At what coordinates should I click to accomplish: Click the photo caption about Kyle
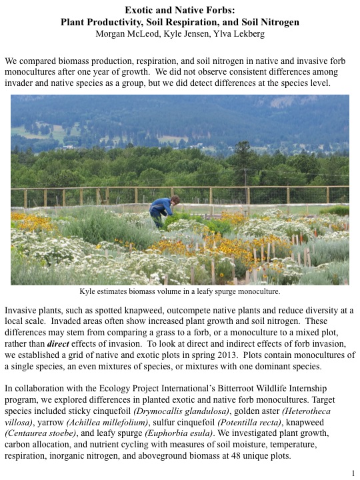179,291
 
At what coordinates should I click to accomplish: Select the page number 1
351,473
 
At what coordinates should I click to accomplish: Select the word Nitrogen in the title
274,21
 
